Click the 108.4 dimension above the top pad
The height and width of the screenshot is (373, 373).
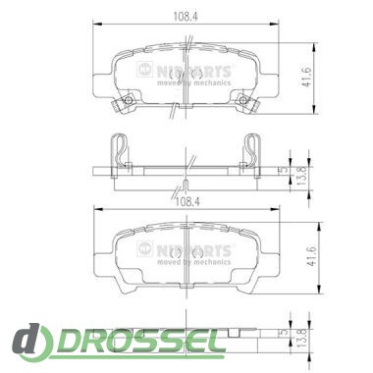pos(186,17)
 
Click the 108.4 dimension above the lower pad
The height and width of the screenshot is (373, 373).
pos(187,201)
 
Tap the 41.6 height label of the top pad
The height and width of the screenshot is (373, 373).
pos(306,78)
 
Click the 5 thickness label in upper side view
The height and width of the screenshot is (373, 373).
pos(284,170)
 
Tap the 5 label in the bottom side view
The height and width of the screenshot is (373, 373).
pos(285,333)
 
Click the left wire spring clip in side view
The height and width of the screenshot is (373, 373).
pos(119,150)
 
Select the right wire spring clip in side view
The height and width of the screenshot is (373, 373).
pos(252,150)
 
